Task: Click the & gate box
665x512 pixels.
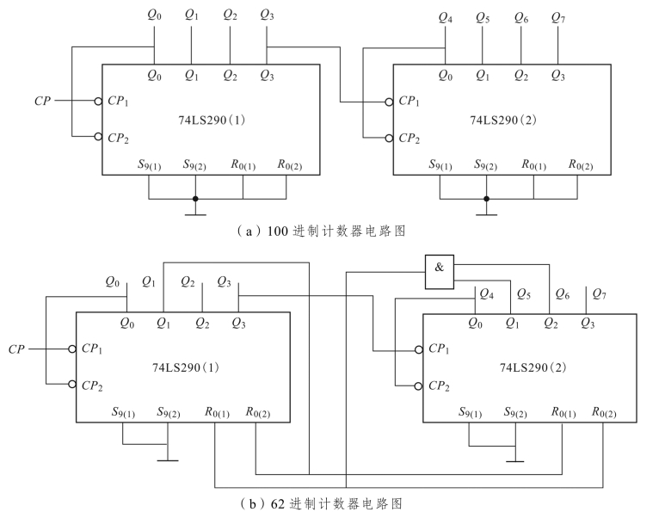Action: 439,267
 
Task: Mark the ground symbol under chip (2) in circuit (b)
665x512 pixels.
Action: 514,460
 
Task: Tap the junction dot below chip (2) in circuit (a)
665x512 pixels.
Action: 487,199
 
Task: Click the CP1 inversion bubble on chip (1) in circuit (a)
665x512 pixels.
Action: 98,100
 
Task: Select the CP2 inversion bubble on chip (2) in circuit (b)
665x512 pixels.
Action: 419,386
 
